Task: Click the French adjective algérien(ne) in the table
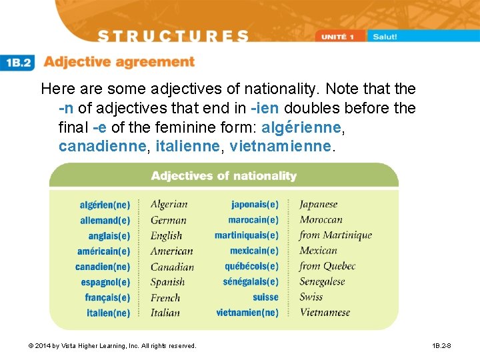click(x=105, y=205)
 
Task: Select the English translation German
click(x=168, y=220)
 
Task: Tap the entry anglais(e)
click(x=109, y=236)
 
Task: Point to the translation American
click(x=171, y=251)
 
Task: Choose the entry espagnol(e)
click(x=106, y=282)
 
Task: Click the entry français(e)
click(x=107, y=297)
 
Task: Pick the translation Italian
click(x=165, y=313)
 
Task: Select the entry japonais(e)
click(x=255, y=205)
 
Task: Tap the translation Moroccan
click(x=321, y=220)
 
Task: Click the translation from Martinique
click(x=335, y=235)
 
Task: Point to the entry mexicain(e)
click(x=254, y=251)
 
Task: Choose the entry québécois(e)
click(x=251, y=267)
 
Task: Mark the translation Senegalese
click(x=322, y=282)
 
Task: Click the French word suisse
click(x=265, y=297)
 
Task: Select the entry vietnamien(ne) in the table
click(x=247, y=313)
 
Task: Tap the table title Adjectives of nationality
click(x=223, y=176)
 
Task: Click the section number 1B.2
click(x=18, y=63)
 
